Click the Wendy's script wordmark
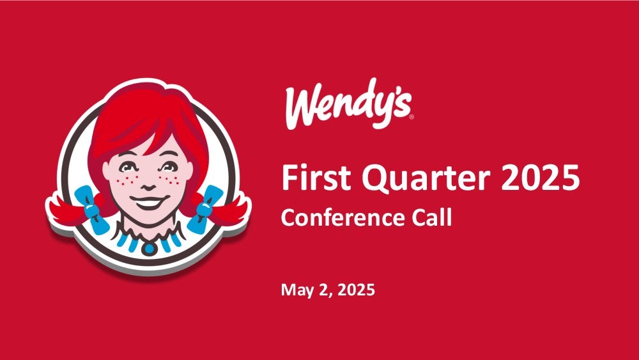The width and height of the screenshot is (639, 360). click(x=349, y=104)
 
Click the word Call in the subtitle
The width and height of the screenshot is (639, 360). click(x=431, y=217)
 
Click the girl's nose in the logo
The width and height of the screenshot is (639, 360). click(x=148, y=186)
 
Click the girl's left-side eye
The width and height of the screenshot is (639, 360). click(x=129, y=167)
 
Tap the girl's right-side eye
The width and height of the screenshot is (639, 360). click(x=169, y=166)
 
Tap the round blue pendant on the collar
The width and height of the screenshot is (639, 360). click(x=149, y=247)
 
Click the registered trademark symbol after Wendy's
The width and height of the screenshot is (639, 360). click(x=411, y=117)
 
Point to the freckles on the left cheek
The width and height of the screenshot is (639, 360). click(x=127, y=180)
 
